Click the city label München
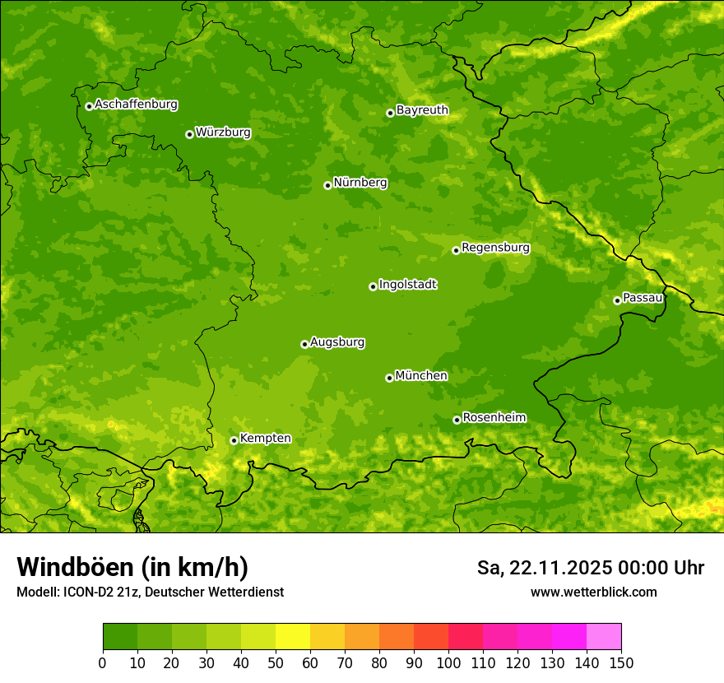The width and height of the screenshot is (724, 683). [x=421, y=376]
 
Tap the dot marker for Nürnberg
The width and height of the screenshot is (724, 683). [x=327, y=185]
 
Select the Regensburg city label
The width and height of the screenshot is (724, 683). [x=495, y=248]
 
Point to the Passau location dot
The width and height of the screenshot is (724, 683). [x=617, y=300]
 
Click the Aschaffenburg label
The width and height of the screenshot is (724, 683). [x=136, y=105]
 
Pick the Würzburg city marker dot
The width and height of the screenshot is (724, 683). [x=189, y=134]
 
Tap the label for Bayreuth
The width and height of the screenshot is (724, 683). [x=422, y=110]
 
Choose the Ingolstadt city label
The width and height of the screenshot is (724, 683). [x=407, y=285]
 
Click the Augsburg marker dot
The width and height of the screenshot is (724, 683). [x=304, y=344]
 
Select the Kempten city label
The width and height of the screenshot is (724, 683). [x=265, y=439]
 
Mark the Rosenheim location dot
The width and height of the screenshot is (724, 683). [x=457, y=420]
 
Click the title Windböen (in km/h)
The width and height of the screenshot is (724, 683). [x=132, y=567]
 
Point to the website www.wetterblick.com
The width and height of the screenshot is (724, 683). [x=593, y=592]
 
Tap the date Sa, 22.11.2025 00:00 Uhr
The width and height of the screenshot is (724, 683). [x=590, y=568]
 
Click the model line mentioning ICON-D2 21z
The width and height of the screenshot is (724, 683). [x=150, y=592]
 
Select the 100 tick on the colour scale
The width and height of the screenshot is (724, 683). [x=448, y=662]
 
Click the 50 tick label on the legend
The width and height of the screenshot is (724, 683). [x=276, y=662]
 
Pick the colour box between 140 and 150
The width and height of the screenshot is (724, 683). [x=604, y=637]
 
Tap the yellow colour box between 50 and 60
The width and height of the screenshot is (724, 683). [x=293, y=637]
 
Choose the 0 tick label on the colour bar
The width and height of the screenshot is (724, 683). [x=103, y=662]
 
